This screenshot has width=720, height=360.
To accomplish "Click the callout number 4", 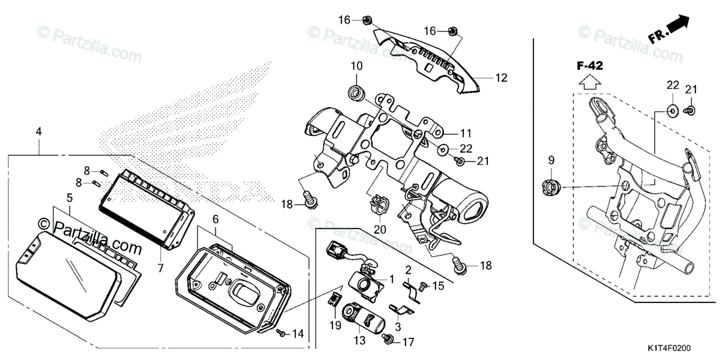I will click(39, 130).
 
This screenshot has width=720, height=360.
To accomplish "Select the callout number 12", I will click(501, 77).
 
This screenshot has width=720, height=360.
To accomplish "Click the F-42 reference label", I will click(591, 65).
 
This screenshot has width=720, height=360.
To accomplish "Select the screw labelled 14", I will click(280, 331).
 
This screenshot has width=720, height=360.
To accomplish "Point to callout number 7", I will click(160, 268).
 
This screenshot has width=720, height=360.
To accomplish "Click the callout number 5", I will click(69, 197).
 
